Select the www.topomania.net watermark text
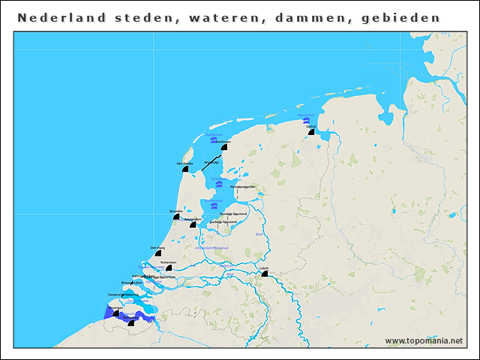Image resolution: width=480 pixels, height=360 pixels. click(x=424, y=341)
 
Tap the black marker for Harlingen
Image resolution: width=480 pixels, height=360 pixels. click(x=223, y=147)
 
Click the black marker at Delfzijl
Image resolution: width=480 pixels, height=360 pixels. click(x=311, y=132)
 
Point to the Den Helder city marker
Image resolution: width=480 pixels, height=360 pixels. click(x=184, y=169)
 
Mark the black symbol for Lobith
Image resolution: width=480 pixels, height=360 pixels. click(x=264, y=274)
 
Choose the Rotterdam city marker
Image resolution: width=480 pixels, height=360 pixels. click(x=169, y=268)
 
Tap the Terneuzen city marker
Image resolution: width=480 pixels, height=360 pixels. click(x=132, y=322)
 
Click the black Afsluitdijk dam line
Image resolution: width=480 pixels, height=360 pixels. click(x=211, y=158)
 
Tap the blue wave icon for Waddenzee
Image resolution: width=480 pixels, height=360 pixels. click(x=214, y=140)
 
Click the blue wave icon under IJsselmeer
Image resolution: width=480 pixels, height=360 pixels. click(x=217, y=184)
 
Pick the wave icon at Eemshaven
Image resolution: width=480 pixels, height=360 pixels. click(x=306, y=121)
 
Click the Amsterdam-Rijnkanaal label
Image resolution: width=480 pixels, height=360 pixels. click(x=211, y=247)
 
